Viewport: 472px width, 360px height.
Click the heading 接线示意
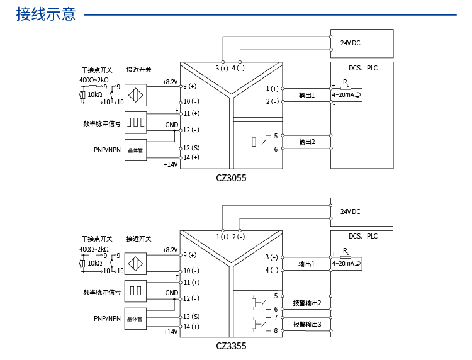click(x=45, y=14)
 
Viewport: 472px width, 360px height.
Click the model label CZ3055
click(x=231, y=178)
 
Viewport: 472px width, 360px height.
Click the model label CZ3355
click(x=231, y=346)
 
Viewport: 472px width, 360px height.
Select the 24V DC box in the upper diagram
click(x=361, y=43)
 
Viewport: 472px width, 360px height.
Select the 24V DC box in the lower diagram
click(x=361, y=211)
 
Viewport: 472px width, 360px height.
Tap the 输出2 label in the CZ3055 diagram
click(x=306, y=142)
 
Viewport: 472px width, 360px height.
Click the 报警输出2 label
click(x=306, y=303)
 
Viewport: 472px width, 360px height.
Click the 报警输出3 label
click(x=306, y=324)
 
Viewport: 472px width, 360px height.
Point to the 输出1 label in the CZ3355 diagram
click(x=306, y=264)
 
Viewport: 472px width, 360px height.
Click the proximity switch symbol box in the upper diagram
click(x=135, y=95)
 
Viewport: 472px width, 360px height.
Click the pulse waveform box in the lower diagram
click(x=135, y=290)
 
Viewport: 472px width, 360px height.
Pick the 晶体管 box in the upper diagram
click(x=135, y=150)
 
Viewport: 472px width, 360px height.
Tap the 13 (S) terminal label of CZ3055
click(x=191, y=148)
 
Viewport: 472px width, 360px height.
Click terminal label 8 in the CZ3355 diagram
click(x=276, y=330)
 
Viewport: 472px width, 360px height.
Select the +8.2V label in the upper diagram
click(x=170, y=82)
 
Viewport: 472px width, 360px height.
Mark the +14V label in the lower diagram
click(x=171, y=332)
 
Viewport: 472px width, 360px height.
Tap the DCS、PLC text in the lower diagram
click(x=363, y=237)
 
